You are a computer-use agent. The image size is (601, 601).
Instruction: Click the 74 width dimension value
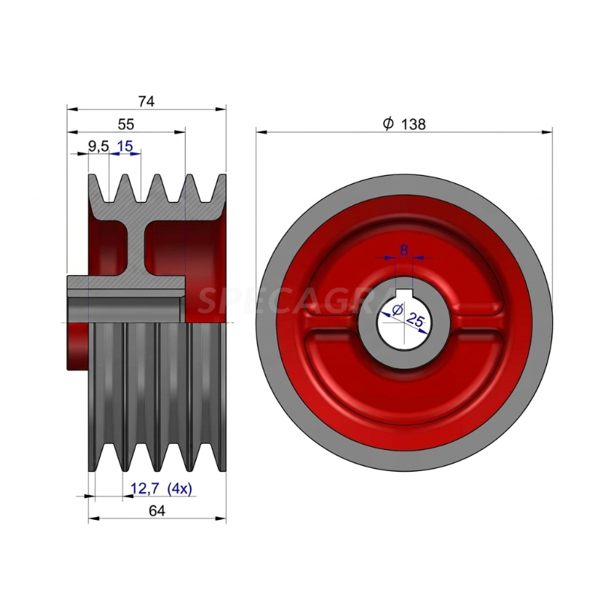(146, 101)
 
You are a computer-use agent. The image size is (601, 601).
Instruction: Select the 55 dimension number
(125, 124)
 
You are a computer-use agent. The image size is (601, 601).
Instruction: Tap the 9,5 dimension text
(98, 146)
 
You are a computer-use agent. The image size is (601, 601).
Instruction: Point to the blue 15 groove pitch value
(125, 146)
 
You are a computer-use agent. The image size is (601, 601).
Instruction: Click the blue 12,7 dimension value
(145, 489)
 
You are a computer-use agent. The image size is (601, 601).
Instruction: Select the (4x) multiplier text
(180, 489)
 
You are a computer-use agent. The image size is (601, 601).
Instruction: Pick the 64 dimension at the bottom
(157, 511)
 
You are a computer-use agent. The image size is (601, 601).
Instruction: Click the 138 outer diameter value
(413, 124)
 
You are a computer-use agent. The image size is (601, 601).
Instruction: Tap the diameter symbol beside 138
(388, 123)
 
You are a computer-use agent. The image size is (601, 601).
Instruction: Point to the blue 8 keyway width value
(404, 250)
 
